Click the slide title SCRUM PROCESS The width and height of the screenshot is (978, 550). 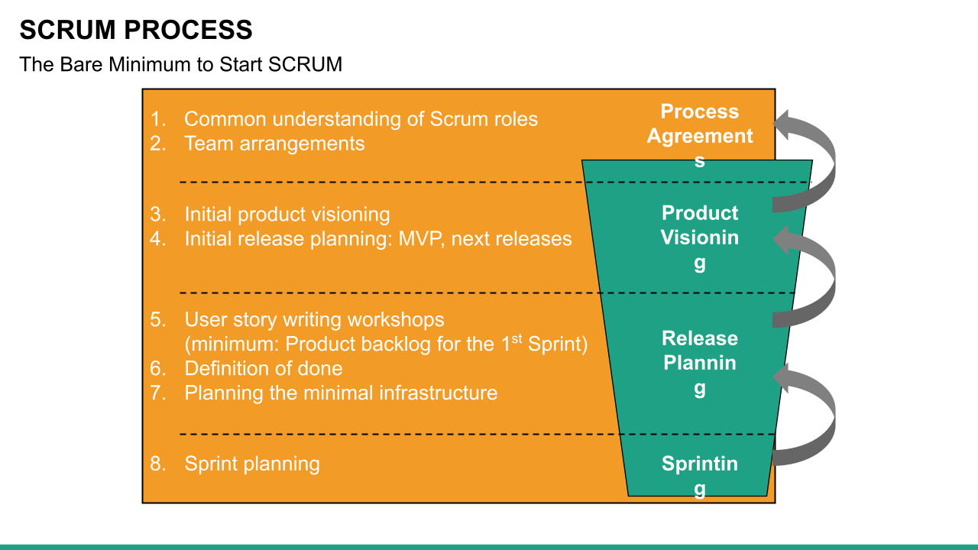tap(135, 31)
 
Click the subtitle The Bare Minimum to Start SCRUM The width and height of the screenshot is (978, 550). tap(180, 64)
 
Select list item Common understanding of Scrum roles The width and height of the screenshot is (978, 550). tap(361, 119)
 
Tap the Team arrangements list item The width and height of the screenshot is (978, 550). tap(274, 144)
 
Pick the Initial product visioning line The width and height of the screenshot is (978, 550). tap(287, 215)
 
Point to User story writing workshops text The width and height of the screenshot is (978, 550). tap(314, 319)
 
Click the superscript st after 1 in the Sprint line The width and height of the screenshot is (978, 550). tap(517, 338)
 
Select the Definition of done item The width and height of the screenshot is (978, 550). tap(263, 368)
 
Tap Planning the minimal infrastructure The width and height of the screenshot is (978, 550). tap(341, 393)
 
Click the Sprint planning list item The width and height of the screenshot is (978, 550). tap(252, 464)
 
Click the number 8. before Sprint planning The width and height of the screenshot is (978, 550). tap(158, 464)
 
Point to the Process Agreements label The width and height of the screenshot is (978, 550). tap(699, 135)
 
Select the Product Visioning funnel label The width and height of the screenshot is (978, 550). tap(699, 238)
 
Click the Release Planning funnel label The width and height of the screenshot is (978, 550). tap(699, 363)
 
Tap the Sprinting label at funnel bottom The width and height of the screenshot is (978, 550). tap(699, 474)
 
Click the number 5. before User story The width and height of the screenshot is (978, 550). tap(158, 319)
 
